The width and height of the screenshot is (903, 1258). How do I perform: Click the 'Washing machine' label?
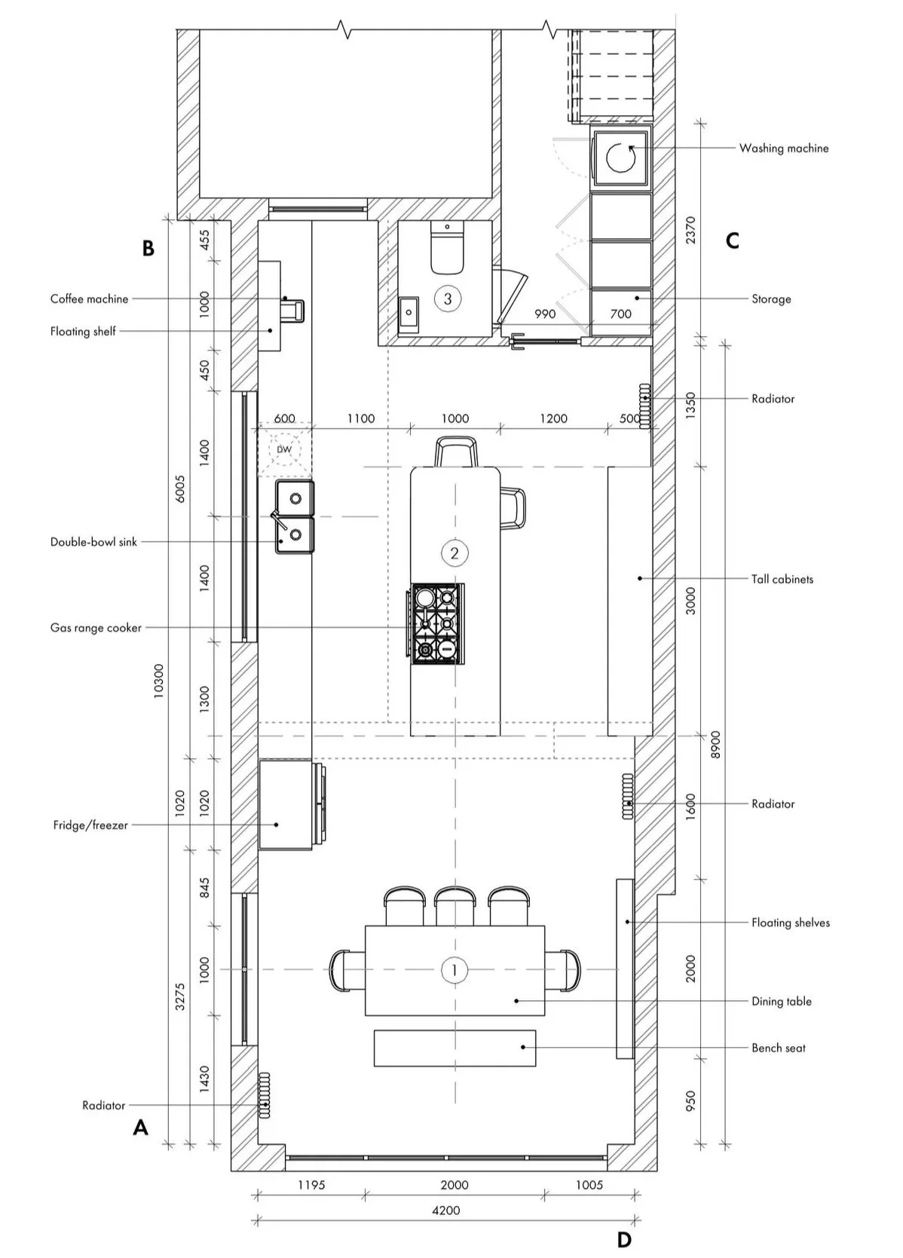point(783,148)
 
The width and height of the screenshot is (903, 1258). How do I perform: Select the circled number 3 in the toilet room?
point(448,298)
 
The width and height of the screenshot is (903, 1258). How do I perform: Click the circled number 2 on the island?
point(454,552)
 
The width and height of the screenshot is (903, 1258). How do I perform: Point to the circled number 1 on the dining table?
point(454,970)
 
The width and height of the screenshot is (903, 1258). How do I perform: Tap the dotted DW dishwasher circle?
point(284,450)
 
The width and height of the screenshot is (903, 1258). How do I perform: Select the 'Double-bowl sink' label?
point(93,542)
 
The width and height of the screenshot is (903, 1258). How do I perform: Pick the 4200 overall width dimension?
point(446,1211)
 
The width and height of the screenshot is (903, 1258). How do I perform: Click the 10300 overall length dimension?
point(158,681)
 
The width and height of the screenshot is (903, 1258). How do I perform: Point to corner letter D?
point(624,1240)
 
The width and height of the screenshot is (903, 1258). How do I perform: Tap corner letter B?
point(148,248)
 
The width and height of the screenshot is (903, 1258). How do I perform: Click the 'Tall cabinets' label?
point(782,579)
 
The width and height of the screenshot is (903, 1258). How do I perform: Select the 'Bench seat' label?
point(778,1048)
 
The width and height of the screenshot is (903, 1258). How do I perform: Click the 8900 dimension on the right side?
point(715,745)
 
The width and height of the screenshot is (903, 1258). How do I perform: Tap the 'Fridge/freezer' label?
point(90,825)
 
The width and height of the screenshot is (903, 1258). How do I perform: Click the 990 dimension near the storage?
point(544,314)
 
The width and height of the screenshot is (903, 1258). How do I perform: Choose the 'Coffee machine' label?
point(89,299)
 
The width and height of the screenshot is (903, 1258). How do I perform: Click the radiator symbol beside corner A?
point(264,1094)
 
